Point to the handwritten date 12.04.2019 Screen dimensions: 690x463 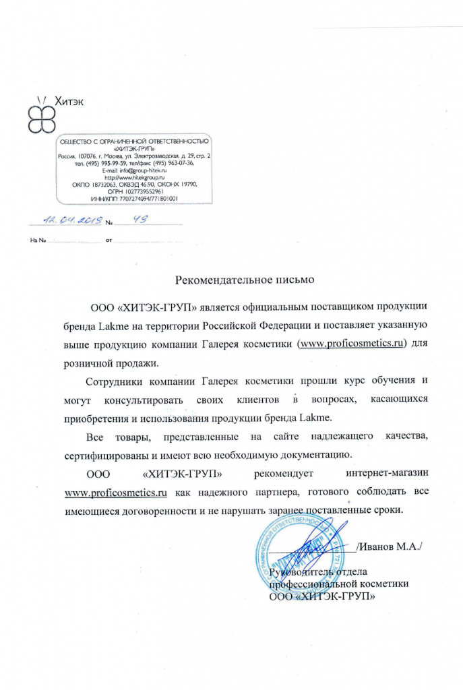pyautogui.click(x=71, y=219)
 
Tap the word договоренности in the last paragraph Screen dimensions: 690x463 pyautogui.click(x=160, y=511)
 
